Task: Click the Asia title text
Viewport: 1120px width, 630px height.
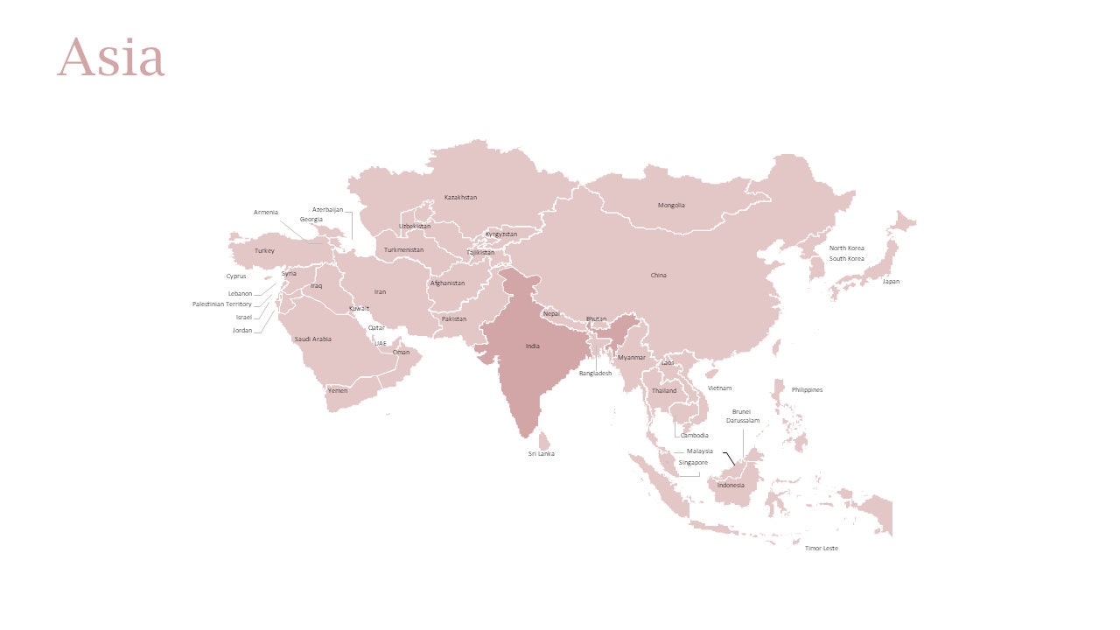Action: point(110,58)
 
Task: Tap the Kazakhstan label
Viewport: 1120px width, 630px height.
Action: point(460,198)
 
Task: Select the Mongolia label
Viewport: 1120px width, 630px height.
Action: point(671,206)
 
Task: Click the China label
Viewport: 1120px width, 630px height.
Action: point(658,276)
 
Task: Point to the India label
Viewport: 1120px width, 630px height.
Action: point(532,346)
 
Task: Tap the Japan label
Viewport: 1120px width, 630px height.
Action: point(890,282)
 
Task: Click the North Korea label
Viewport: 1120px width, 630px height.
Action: point(846,248)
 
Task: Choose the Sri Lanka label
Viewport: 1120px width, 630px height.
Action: point(541,454)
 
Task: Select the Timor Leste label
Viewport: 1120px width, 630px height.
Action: point(821,549)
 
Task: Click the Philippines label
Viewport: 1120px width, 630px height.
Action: point(807,390)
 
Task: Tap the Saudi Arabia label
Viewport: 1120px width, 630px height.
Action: point(312,339)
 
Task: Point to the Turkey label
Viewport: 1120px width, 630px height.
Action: point(264,251)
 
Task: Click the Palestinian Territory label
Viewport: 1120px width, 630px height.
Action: point(222,304)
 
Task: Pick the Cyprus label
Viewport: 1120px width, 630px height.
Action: point(236,276)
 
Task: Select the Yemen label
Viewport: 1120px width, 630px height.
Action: point(337,391)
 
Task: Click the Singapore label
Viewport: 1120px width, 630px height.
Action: point(693,462)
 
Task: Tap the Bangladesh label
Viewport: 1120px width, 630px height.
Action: point(595,374)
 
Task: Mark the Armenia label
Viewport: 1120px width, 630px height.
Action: point(266,213)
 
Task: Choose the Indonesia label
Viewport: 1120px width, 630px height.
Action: point(731,486)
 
